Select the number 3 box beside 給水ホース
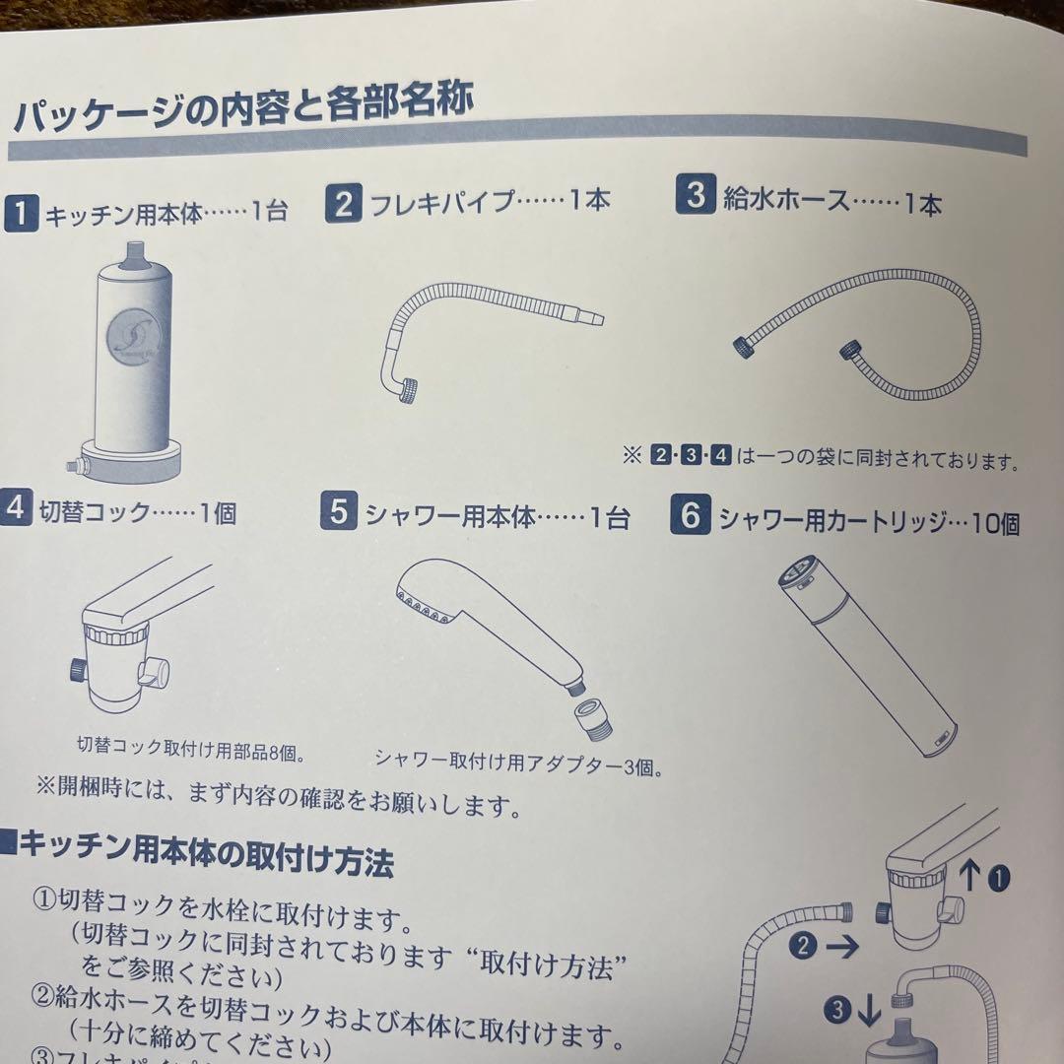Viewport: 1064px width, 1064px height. [696, 195]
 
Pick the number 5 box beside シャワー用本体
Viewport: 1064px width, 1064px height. [339, 514]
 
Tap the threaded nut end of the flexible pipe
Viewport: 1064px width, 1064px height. [411, 390]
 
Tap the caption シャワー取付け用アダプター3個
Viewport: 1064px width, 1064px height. [517, 760]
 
